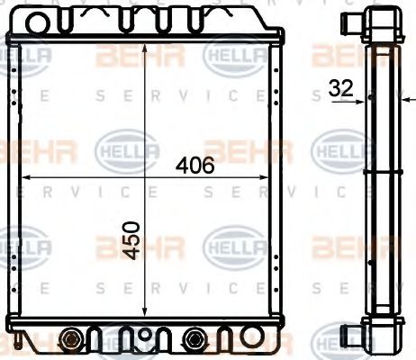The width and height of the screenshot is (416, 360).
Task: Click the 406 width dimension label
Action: point(194,166)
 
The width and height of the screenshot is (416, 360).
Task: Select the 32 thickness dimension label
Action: point(340,89)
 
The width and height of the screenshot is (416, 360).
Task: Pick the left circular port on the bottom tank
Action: point(71,340)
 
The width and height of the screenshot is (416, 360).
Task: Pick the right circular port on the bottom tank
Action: point(194,340)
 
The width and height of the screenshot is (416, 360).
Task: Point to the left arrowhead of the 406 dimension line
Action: point(24,177)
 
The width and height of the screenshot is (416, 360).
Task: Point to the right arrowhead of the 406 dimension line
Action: point(267,177)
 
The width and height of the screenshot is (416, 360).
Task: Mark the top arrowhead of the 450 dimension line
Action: point(145,45)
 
